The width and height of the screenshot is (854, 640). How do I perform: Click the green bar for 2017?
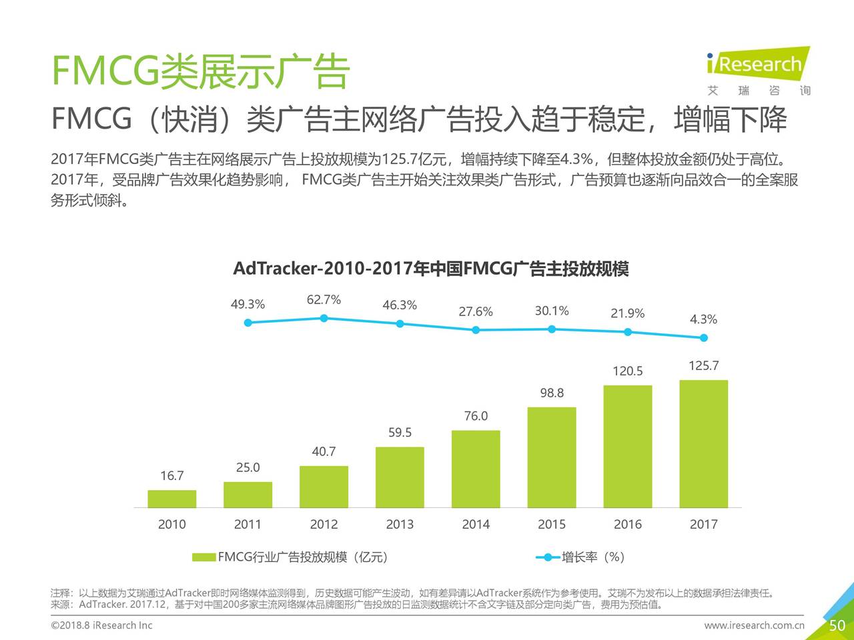703,444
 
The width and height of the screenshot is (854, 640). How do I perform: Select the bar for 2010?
171,499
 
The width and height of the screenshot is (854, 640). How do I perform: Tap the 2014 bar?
476,469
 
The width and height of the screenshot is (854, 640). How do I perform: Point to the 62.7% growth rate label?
324,300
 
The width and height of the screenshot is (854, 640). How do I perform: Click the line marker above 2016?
628,332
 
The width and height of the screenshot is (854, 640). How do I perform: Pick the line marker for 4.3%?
704,338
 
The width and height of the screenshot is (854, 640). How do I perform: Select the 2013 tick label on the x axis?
400,525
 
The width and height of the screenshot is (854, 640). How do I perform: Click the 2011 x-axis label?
248,525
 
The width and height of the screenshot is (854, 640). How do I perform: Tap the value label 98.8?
552,393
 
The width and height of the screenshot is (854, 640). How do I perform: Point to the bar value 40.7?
324,452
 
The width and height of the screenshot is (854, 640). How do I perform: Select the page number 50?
837,625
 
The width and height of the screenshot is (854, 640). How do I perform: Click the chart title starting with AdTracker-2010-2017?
430,269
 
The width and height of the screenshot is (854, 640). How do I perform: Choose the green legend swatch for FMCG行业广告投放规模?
203,557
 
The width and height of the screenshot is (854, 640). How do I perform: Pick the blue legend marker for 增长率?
548,557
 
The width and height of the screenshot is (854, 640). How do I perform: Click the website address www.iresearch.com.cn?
754,625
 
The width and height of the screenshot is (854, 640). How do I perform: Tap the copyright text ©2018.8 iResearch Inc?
101,625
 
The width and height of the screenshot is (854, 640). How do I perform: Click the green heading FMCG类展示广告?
200,71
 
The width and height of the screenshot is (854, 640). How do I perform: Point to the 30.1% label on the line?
552,311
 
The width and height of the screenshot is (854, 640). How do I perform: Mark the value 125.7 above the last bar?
704,366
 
